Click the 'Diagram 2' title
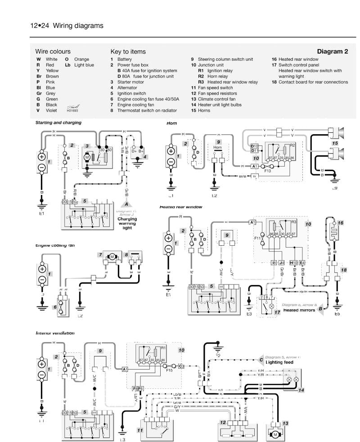(x=332, y=52)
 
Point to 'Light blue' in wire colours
(x=84, y=65)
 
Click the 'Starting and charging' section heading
(x=58, y=122)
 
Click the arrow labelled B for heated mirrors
(x=320, y=309)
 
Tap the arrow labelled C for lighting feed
(x=261, y=359)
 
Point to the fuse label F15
(x=169, y=371)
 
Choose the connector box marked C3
(x=181, y=366)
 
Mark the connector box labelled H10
(x=293, y=262)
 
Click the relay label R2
(x=292, y=145)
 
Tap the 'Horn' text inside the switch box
(x=218, y=147)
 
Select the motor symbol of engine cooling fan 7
(x=110, y=257)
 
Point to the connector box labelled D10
(x=254, y=146)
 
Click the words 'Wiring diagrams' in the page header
(x=78, y=26)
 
